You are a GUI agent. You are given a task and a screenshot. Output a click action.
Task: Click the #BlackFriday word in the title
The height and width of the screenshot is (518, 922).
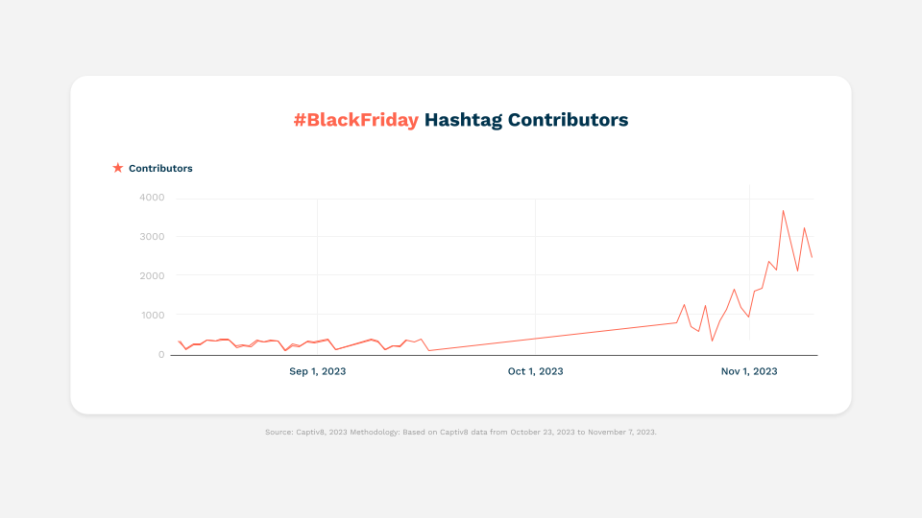[356, 120]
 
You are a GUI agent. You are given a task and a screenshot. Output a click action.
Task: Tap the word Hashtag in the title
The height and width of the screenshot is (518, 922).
[463, 121]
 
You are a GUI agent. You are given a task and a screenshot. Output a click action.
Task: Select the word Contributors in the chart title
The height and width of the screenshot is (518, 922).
[568, 120]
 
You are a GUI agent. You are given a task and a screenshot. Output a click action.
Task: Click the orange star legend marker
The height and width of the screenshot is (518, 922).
[117, 168]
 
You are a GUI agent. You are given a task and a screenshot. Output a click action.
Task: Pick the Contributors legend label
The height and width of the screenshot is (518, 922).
[160, 169]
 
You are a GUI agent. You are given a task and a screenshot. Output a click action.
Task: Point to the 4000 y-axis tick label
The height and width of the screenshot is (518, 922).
[152, 198]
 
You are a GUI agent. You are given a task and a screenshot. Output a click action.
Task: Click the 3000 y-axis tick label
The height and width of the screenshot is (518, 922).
[152, 237]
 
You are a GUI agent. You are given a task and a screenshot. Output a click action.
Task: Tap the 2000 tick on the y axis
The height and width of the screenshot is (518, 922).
[152, 276]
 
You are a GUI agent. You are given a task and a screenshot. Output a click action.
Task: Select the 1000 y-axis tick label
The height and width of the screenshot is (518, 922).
[152, 316]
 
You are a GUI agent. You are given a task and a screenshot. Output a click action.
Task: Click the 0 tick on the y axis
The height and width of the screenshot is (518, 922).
[161, 355]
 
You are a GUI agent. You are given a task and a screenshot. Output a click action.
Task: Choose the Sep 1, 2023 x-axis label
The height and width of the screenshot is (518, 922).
[318, 371]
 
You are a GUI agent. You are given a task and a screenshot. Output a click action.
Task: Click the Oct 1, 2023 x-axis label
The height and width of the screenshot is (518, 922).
[536, 371]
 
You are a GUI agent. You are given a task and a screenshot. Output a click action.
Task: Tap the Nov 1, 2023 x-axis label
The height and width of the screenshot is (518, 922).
[749, 371]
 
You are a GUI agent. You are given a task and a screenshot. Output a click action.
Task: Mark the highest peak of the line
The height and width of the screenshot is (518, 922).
[784, 210]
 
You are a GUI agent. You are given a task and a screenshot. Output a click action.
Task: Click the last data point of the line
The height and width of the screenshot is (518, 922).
[813, 257]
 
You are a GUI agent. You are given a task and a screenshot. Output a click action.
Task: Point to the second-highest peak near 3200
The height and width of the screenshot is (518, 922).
[805, 228]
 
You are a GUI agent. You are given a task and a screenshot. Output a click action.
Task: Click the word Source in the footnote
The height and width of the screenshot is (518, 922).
[279, 433]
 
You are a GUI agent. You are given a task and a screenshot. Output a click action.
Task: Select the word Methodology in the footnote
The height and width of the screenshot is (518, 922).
[375, 433]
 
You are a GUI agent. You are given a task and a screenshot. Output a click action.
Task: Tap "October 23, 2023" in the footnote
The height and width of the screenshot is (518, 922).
[543, 433]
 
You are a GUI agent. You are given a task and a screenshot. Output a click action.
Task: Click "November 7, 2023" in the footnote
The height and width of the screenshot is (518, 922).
[622, 433]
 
